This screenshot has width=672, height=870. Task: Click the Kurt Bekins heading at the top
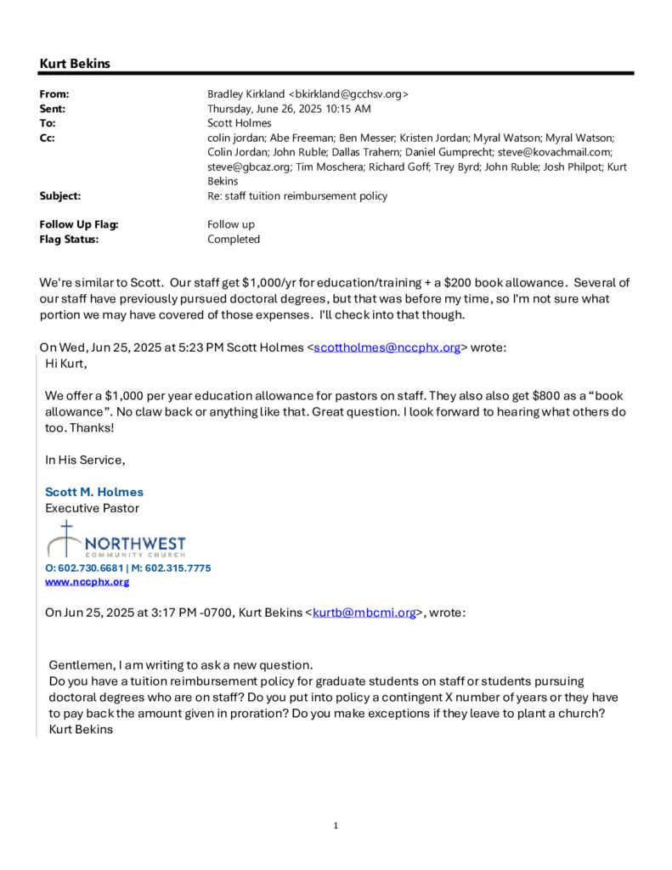pyautogui.click(x=75, y=64)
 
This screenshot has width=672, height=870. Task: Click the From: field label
pyautogui.click(x=54, y=94)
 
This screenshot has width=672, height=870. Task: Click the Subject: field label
pyautogui.click(x=59, y=195)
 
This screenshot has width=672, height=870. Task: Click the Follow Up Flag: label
pyautogui.click(x=79, y=224)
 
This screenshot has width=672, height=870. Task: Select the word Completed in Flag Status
pyautogui.click(x=234, y=239)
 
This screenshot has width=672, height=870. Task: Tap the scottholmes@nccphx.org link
pyautogui.click(x=387, y=347)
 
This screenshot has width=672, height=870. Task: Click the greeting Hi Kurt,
pyautogui.click(x=65, y=364)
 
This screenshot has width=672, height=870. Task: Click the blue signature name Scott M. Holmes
pyautogui.click(x=94, y=492)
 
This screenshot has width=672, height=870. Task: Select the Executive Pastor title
pyautogui.click(x=92, y=508)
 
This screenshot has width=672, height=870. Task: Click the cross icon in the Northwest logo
pyautogui.click(x=64, y=539)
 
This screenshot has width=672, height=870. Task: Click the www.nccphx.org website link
pyautogui.click(x=87, y=582)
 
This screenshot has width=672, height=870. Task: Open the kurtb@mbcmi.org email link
pyautogui.click(x=364, y=612)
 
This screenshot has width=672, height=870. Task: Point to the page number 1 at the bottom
pyautogui.click(x=336, y=825)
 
